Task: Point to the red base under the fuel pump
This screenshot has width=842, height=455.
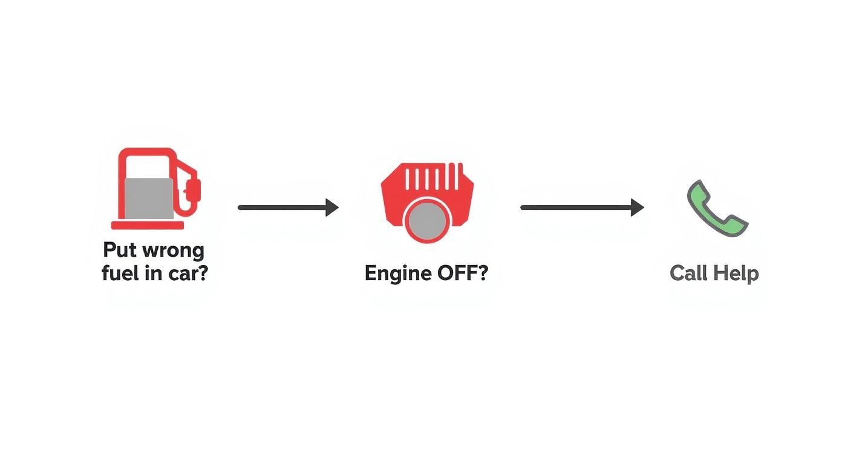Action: click(148, 225)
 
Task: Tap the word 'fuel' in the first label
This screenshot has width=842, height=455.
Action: click(118, 273)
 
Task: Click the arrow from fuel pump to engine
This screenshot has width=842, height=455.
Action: click(284, 208)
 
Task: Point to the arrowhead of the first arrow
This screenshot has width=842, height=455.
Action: click(331, 208)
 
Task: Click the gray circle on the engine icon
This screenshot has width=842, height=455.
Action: click(427, 220)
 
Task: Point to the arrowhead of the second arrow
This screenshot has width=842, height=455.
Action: click(637, 208)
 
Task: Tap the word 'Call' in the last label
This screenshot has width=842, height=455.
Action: click(688, 273)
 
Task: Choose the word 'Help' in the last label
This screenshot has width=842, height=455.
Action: click(735, 273)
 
